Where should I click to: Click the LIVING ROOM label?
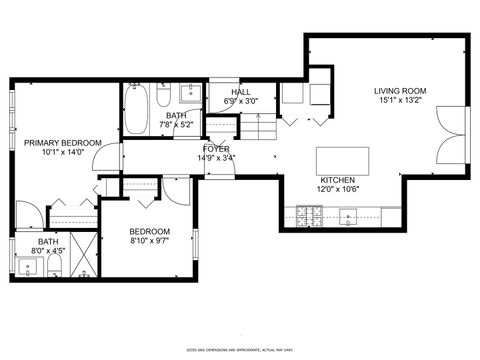400,89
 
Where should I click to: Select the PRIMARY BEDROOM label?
63,144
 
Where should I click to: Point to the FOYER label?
216,148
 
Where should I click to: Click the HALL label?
240,91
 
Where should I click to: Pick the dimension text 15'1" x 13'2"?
400,100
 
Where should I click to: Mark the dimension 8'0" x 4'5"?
47,252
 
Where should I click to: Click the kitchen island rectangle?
343,160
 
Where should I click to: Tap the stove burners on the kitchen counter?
307,214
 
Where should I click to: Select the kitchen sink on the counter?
349,214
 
